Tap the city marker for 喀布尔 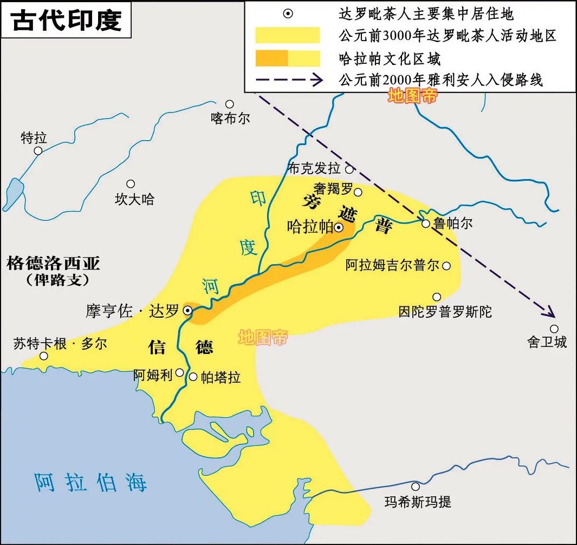tap(230, 104)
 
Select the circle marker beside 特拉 tap(38, 150)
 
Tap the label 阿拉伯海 tap(90, 481)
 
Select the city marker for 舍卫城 tap(554, 329)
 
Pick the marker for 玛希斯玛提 tap(416, 487)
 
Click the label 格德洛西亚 tap(53, 264)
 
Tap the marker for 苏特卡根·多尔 tap(43, 356)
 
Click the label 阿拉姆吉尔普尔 tap(393, 266)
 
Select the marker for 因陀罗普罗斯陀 tap(437, 297)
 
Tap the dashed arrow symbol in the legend tap(287, 80)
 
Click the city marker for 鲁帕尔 tap(426, 223)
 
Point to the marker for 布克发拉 tap(349, 169)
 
